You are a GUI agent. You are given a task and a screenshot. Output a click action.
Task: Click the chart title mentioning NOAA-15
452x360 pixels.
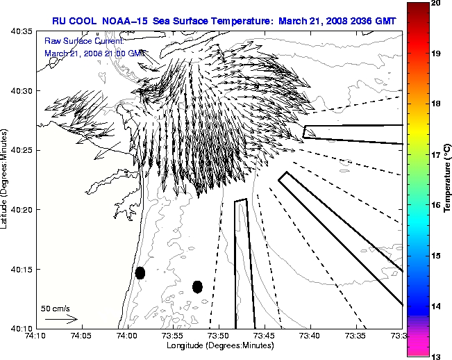(224, 21)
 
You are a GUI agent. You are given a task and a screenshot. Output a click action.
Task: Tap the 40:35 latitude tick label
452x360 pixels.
(20, 32)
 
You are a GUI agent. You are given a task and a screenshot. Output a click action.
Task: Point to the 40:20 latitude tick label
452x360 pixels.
(20, 210)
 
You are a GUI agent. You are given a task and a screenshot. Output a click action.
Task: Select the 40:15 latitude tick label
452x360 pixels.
(20, 269)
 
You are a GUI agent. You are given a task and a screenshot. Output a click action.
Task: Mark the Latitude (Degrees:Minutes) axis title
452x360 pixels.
(6, 179)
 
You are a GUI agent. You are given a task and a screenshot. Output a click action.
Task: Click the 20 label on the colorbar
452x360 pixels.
(436, 3)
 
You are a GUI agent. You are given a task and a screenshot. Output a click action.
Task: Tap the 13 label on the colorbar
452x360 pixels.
(436, 356)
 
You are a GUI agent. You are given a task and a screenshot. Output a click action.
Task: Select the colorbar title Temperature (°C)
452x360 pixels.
(448, 179)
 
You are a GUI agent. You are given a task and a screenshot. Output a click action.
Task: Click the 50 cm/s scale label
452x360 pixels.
(56, 308)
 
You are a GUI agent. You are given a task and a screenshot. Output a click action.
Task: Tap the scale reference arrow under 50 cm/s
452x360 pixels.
(61, 319)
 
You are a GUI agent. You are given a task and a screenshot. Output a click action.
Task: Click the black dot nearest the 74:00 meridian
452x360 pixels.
(140, 272)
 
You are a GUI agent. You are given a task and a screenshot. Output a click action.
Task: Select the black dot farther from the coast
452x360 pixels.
(197, 286)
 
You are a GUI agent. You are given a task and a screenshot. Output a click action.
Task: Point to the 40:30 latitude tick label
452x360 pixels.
(20, 91)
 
